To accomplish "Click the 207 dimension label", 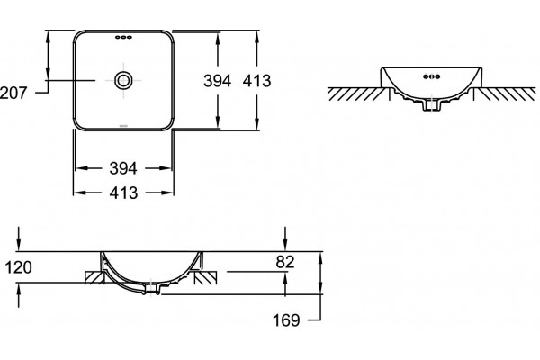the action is pyautogui.click(x=13, y=93).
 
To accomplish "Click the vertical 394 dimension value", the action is pyautogui.click(x=217, y=81).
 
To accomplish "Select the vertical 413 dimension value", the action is pyautogui.click(x=256, y=81).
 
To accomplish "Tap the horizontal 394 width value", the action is pyautogui.click(x=123, y=168).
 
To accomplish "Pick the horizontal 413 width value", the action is pyautogui.click(x=123, y=193).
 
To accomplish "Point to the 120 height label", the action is pyautogui.click(x=19, y=267).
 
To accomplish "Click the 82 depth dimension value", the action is pyautogui.click(x=285, y=262).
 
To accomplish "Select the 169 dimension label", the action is pyautogui.click(x=286, y=320).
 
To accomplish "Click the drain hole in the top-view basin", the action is pyautogui.click(x=123, y=80).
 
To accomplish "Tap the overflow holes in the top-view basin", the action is pyautogui.click(x=123, y=37).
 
